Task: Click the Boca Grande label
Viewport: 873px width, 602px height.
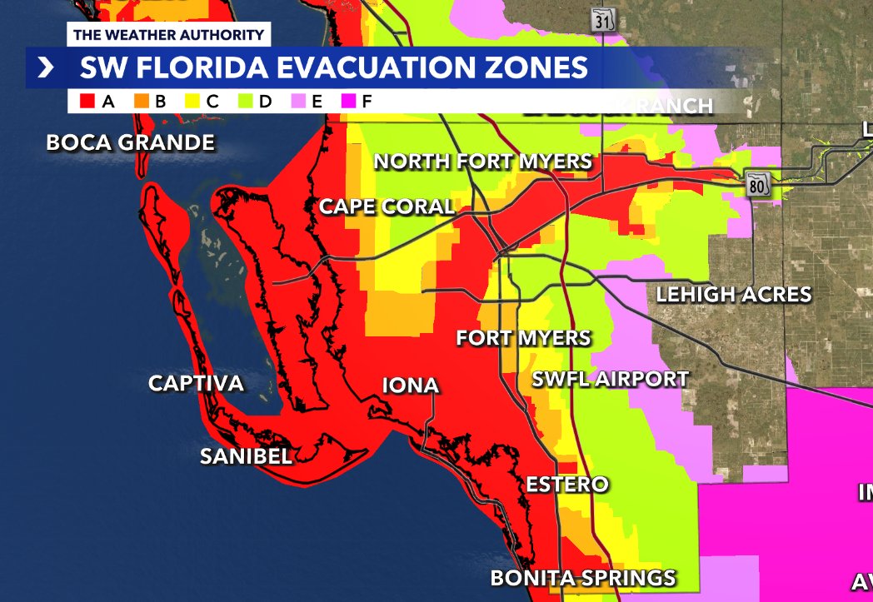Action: [131, 142]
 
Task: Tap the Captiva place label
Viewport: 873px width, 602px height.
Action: [196, 383]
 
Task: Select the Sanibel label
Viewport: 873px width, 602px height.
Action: [246, 456]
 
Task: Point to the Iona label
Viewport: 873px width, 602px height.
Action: [410, 385]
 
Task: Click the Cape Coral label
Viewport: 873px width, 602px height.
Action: [387, 206]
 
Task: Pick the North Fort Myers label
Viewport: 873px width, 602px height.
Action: [483, 162]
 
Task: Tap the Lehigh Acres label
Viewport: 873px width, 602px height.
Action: [733, 294]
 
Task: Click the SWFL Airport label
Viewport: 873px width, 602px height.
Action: [611, 379]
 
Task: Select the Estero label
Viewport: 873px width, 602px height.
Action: [567, 484]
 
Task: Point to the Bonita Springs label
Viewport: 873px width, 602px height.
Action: [582, 577]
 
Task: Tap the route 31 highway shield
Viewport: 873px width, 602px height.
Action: [602, 20]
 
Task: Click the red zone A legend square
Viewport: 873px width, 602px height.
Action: [87, 102]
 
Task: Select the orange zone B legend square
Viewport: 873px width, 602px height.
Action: [141, 102]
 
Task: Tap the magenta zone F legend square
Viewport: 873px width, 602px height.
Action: [350, 102]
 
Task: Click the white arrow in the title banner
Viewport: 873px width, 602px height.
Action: [44, 67]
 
